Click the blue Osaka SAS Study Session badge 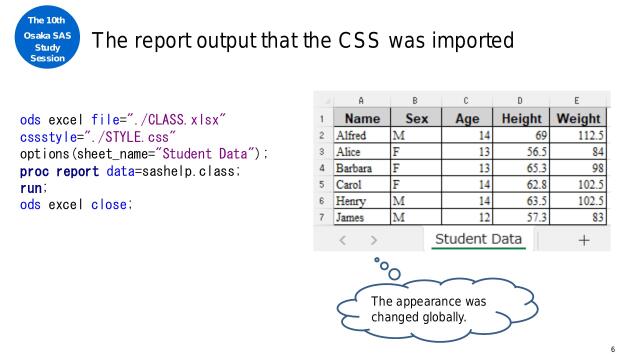38,38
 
